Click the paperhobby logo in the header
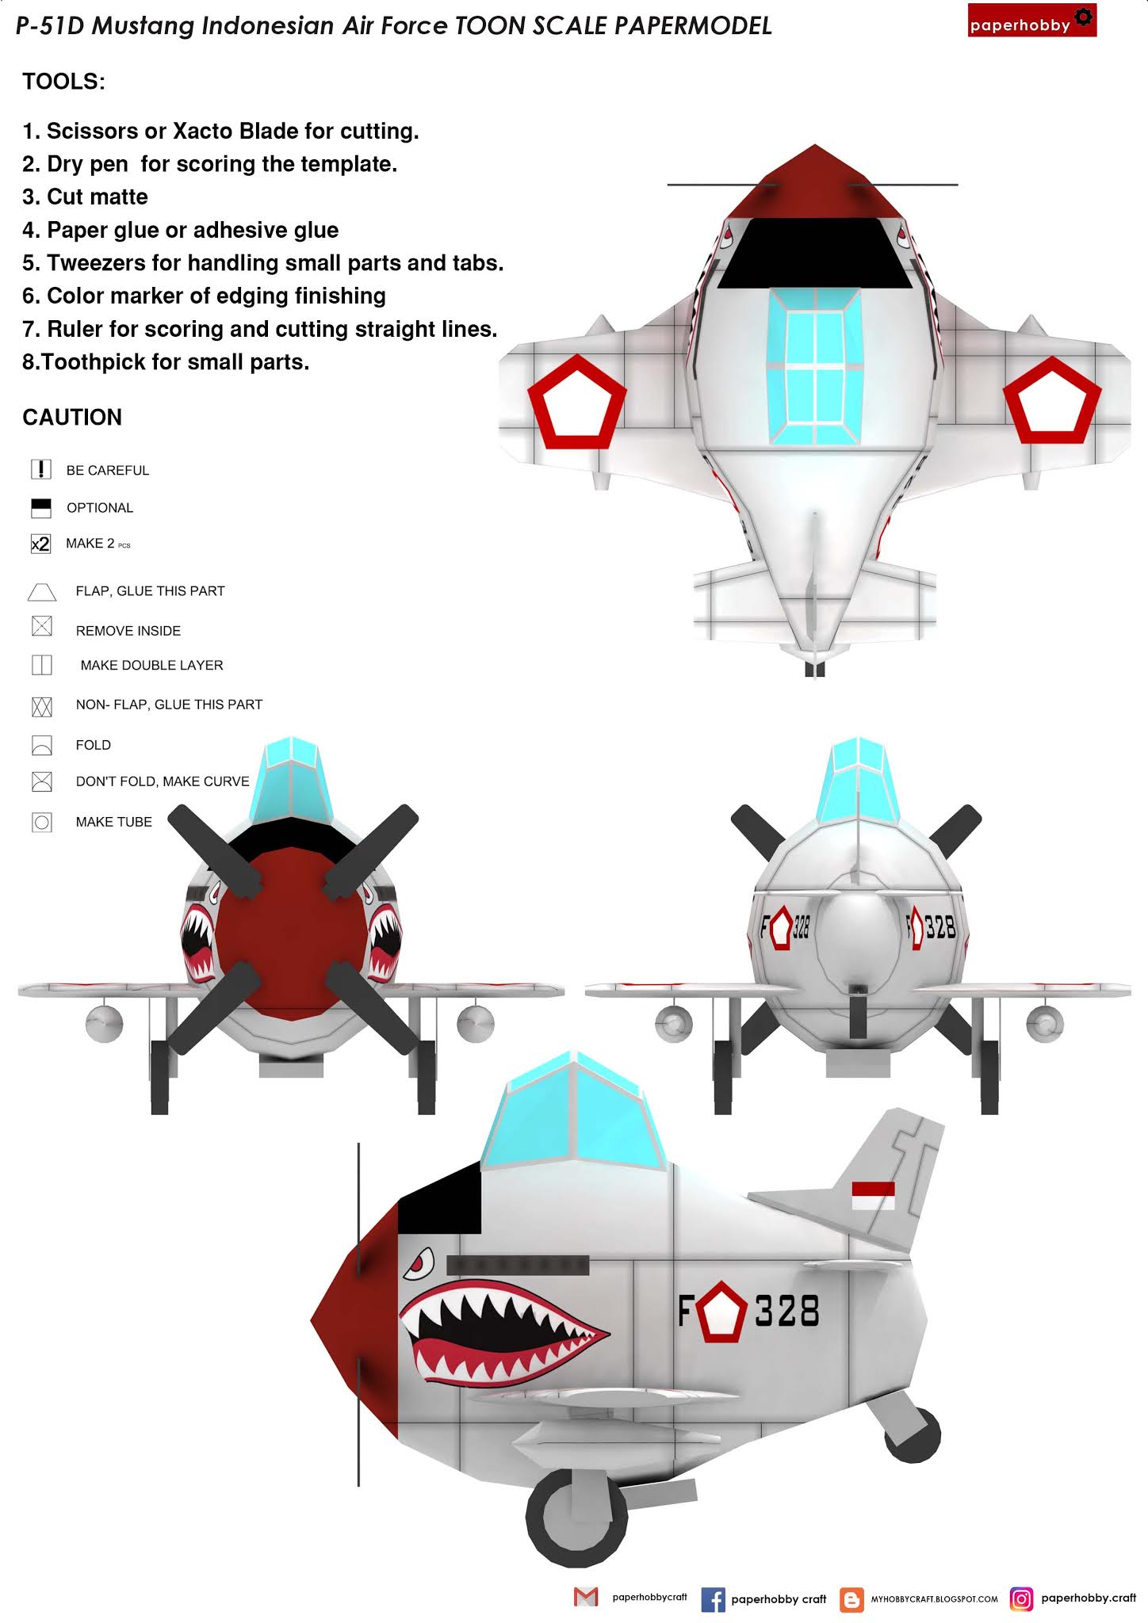tap(1031, 21)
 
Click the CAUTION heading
tap(72, 418)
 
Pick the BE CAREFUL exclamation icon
tap(41, 469)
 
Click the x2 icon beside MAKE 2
tap(40, 544)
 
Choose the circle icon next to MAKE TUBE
tap(42, 822)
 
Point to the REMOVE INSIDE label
tap(128, 631)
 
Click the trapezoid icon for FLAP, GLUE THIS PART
tap(42, 592)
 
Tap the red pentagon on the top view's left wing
tap(576, 399)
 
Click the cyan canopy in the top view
tap(814, 365)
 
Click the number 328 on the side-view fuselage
tap(787, 1311)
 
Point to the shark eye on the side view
tap(419, 1263)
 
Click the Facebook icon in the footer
tap(713, 1600)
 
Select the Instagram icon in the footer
tap(1022, 1599)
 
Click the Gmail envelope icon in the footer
tap(586, 1598)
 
